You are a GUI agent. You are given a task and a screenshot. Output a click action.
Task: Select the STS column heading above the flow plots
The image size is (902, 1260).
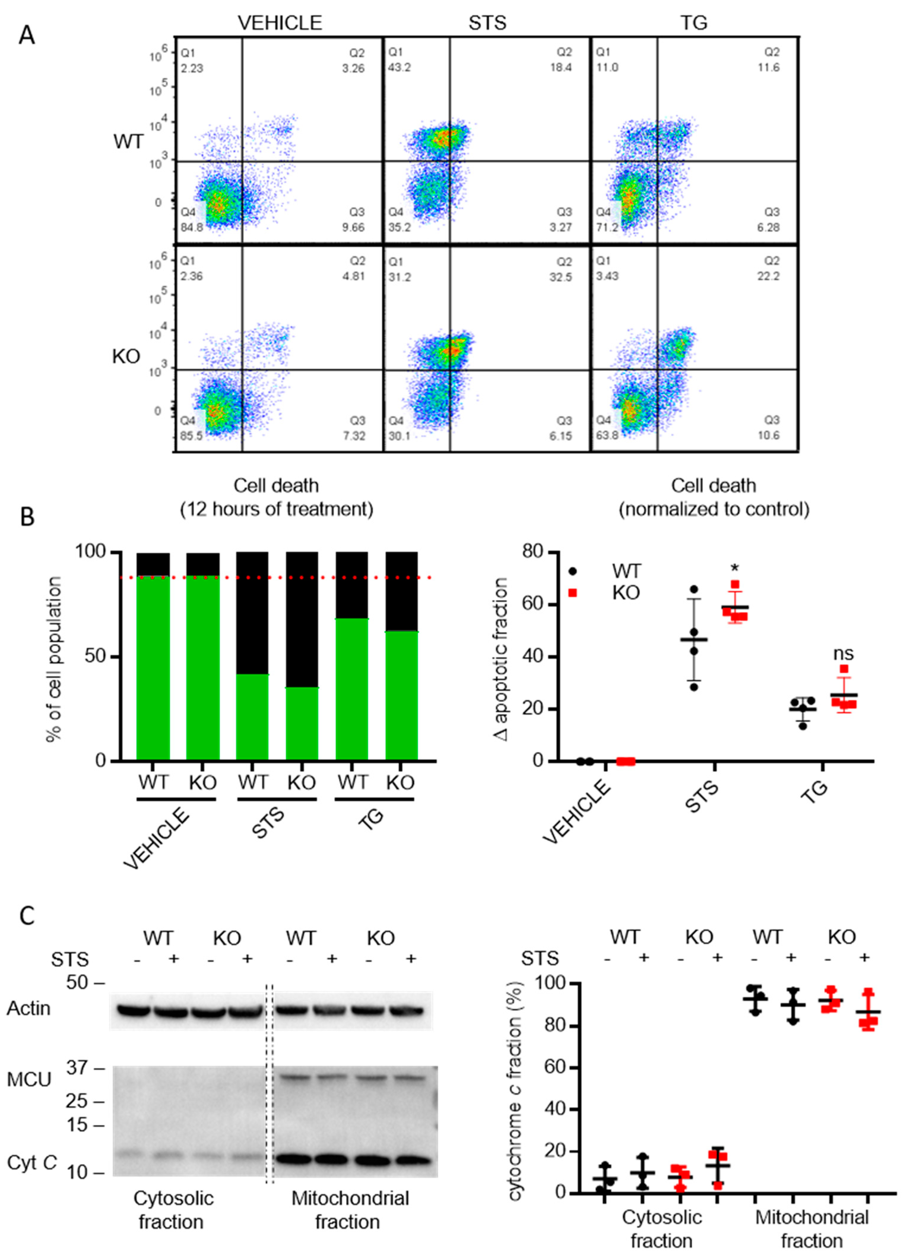pos(487,23)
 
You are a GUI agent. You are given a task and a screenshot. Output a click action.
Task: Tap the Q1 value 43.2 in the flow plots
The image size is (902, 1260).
pos(399,67)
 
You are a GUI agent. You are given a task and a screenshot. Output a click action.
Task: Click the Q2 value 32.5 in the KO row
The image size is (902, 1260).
pos(560,277)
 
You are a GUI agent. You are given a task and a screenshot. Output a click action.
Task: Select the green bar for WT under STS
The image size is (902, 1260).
pos(253,717)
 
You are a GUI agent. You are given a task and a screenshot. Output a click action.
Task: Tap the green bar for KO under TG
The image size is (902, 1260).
pos(402,695)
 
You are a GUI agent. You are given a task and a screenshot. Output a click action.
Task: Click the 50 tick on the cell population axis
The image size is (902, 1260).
pos(94,656)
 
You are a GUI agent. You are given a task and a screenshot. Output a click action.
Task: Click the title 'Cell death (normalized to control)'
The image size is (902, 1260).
pos(714,497)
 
